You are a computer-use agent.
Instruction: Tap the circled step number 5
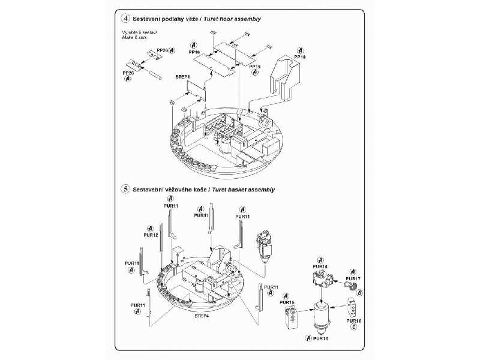tap(125, 189)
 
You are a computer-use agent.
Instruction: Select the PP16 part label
tap(194, 53)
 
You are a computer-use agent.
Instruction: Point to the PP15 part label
tap(254, 66)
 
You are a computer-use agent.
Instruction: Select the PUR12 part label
tap(151, 235)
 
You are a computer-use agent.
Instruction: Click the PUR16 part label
tap(354, 320)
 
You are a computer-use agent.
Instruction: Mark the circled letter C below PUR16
tap(354, 328)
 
